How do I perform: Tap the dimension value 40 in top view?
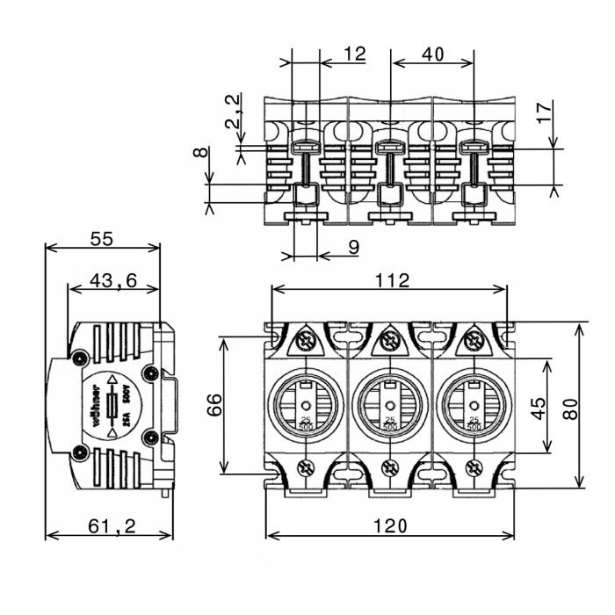point(431,54)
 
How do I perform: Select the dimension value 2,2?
point(232,112)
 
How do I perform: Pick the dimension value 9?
point(351,248)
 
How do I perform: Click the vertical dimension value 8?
point(202,153)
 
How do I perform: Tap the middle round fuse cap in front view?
point(390,405)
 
